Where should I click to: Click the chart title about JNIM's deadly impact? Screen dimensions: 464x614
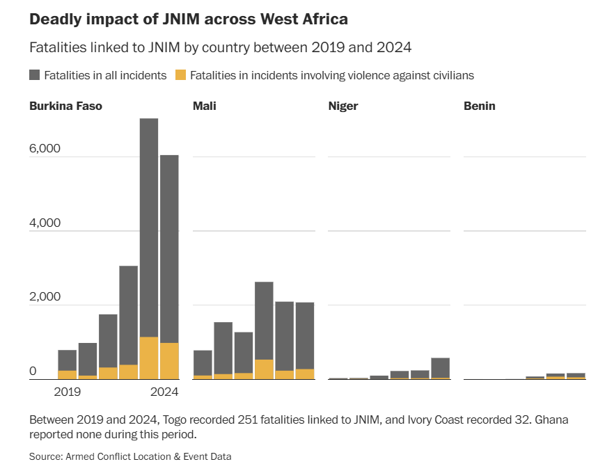coord(189,19)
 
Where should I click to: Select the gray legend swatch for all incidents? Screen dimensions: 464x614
coord(35,75)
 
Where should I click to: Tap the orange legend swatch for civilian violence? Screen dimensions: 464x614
coord(180,75)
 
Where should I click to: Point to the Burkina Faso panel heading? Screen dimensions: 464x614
coord(65,106)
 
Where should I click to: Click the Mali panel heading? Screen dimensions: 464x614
coord(204,106)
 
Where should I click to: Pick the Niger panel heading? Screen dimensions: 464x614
coord(343,106)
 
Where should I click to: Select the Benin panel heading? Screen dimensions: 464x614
coord(480,106)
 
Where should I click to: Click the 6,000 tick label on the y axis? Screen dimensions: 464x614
coord(45,149)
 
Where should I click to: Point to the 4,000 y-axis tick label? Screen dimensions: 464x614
coord(45,223)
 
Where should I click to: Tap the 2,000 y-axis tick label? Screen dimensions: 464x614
coord(45,297)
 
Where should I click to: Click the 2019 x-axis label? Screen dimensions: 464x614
coord(67,392)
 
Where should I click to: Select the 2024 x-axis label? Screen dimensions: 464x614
coord(165,392)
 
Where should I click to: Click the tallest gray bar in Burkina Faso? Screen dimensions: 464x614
coord(149,223)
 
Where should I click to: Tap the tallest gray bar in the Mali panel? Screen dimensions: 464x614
coord(264,320)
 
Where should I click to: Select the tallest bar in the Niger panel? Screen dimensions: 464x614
coord(440,367)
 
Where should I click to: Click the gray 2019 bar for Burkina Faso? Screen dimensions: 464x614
coord(68,360)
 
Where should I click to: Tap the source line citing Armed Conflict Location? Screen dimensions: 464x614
coord(130,456)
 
